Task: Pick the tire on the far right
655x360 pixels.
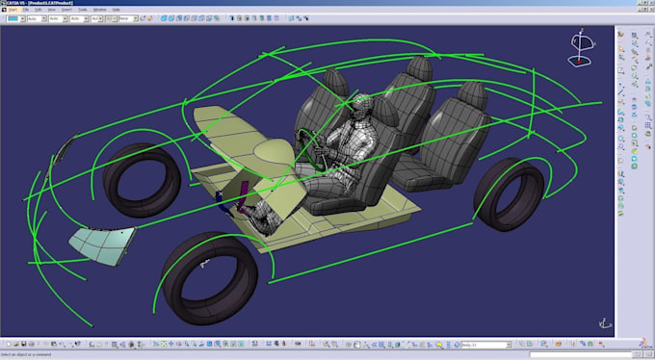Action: coord(508,195)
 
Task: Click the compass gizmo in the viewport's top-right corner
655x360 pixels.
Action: coord(581,45)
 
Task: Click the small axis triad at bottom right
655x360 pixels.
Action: coord(604,322)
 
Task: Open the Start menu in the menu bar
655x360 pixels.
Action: coord(13,11)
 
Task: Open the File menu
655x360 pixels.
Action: coord(26,11)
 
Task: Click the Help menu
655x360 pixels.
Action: coord(116,11)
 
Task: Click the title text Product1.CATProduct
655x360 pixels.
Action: coord(50,4)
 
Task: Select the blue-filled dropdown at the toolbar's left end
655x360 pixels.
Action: coord(14,18)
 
